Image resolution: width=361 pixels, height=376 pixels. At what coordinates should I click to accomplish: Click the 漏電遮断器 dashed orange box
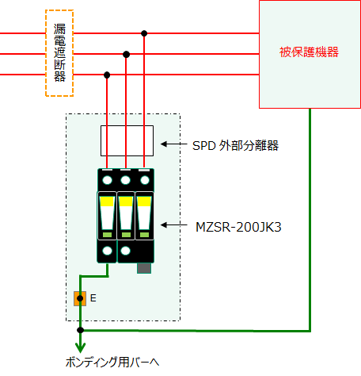coord(46,53)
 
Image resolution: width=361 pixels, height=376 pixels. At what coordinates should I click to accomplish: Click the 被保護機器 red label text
coord(309,52)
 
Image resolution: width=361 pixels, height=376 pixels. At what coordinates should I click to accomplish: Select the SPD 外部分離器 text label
coord(235,145)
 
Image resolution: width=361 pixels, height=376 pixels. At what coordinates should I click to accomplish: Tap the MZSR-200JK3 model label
coord(238,227)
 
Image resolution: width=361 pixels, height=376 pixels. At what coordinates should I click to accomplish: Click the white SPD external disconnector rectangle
coord(101,140)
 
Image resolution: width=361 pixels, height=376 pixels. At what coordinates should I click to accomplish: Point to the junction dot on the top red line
coord(144,33)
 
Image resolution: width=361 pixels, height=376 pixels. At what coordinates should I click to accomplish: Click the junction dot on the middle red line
coord(127,55)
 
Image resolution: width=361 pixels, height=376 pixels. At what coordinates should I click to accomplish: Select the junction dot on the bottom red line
coord(107,75)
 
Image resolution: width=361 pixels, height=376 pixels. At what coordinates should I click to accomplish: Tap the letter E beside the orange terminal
coord(93,298)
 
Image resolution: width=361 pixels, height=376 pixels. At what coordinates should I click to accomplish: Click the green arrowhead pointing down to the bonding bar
coord(80,347)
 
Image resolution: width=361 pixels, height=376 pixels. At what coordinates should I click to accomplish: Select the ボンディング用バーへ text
coord(112,363)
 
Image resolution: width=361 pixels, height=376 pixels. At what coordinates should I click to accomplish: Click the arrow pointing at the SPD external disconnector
coord(173,144)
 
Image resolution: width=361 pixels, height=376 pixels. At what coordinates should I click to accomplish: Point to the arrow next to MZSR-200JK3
coord(173,225)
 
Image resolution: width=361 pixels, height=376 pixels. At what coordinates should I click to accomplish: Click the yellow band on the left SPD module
coord(107,201)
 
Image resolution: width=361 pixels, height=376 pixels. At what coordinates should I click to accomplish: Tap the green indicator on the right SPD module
coord(144,235)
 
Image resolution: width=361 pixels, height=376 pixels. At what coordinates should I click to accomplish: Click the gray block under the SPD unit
coord(144,268)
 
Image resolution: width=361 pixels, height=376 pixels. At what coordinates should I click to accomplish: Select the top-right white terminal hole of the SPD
coord(145,180)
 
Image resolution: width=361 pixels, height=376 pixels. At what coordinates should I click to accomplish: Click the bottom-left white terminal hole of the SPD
coord(107,251)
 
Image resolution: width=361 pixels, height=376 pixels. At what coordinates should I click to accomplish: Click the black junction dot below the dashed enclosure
coord(80,330)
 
